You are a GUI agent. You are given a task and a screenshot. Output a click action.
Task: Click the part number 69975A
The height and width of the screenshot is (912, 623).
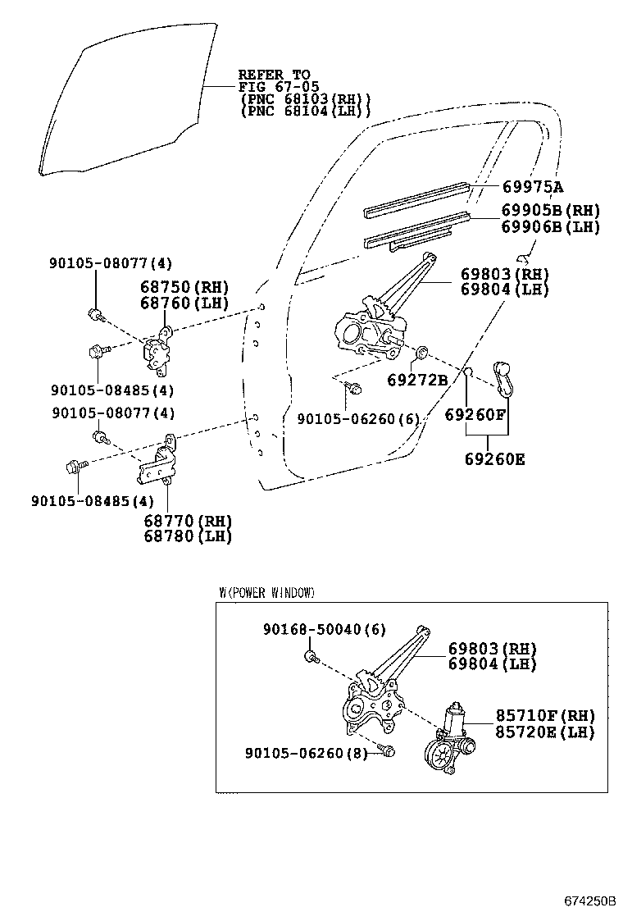click(x=539, y=187)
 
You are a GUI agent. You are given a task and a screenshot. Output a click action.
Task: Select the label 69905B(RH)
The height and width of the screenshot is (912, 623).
click(x=550, y=211)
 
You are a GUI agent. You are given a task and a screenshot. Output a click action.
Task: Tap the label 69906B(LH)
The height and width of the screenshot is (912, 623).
click(x=550, y=227)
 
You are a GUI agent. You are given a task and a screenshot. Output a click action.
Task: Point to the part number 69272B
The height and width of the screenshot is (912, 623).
click(x=417, y=380)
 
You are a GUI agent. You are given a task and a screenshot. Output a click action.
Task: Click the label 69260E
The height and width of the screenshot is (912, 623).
click(x=494, y=458)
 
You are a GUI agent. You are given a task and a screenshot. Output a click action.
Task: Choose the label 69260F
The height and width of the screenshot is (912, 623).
click(x=475, y=415)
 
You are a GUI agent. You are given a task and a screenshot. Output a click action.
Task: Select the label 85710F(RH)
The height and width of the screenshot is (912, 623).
click(x=544, y=716)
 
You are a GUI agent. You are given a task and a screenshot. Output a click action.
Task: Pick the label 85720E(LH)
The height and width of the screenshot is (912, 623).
click(x=544, y=732)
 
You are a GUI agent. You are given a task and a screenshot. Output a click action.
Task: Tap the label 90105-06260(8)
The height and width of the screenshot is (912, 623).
click(x=305, y=752)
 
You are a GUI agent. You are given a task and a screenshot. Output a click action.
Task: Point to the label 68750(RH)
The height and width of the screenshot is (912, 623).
click(x=183, y=286)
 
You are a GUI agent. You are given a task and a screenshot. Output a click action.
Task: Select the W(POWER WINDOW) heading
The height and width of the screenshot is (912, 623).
click(x=266, y=592)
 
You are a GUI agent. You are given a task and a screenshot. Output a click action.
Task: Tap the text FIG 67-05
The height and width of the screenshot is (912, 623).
click(x=278, y=87)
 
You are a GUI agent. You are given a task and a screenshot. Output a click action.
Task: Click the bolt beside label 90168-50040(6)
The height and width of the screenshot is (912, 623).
click(x=311, y=656)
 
